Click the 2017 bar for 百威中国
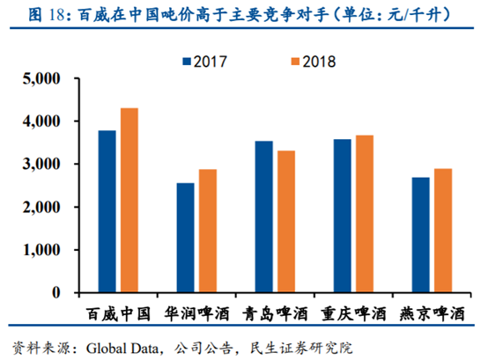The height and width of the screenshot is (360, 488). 107,211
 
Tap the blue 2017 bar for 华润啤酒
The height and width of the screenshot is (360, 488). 185,238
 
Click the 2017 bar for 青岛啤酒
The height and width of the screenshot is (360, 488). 263,217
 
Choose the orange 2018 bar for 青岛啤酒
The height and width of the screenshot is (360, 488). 285,221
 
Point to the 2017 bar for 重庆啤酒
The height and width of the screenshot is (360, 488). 342,216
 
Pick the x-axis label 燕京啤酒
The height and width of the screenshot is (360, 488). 431,313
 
